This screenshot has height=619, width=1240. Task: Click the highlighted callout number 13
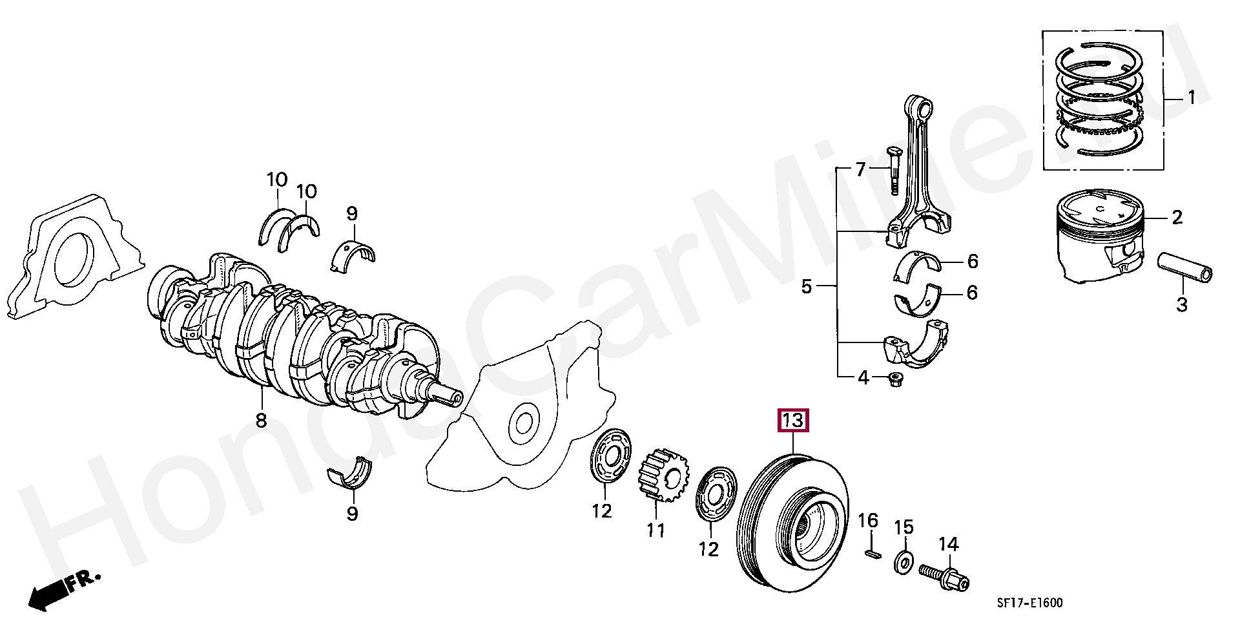pos(793,421)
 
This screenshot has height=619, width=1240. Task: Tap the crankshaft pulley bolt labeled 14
pos(944,577)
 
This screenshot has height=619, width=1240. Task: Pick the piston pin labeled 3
pos(1184,267)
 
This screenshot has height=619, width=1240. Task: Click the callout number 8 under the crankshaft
pos(261,421)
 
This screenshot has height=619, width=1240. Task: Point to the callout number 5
pos(806,286)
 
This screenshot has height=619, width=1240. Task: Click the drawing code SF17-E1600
pos(1029,603)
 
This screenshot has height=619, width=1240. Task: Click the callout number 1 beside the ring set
pos(1191,98)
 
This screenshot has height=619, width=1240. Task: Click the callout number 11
pos(656,530)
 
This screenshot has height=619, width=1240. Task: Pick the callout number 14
pos(948,545)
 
